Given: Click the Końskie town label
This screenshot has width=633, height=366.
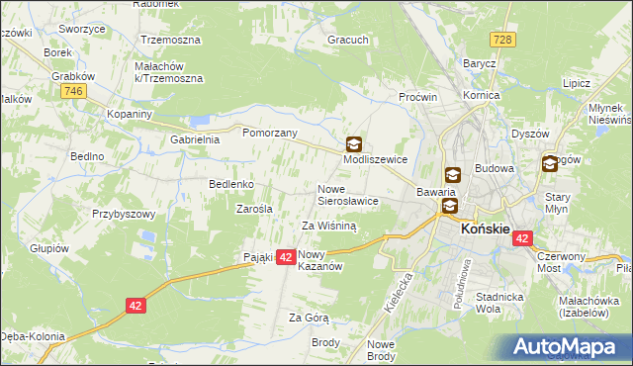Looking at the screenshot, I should point(486,228).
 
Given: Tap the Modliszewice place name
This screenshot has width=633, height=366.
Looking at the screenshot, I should point(376,159).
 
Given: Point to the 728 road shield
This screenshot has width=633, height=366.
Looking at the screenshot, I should point(503,38).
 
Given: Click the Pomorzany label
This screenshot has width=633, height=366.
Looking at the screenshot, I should point(264,131).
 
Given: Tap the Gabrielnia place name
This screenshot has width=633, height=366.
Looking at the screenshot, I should point(195,140).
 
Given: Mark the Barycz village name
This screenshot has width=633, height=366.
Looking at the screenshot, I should point(480,63).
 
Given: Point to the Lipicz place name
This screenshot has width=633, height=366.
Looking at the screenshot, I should point(576,84).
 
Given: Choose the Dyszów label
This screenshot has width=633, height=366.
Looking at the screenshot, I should point(529,134).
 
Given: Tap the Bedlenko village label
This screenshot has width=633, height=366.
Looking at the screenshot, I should point(231,184).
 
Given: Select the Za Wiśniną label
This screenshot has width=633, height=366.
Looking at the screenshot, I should point(328,226).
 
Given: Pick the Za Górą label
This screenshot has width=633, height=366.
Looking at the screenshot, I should point(308,318).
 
